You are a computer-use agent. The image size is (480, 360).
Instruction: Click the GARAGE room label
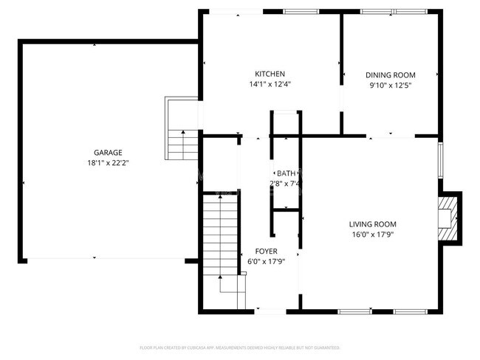pyautogui.click(x=108, y=153)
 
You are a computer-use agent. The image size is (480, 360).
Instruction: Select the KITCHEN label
pyautogui.click(x=270, y=74)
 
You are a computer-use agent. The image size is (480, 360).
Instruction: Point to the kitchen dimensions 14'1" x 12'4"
pyautogui.click(x=270, y=84)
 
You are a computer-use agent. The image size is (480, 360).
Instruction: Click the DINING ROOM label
pyautogui.click(x=391, y=75)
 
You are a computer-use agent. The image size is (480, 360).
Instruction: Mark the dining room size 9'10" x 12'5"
pyautogui.click(x=391, y=85)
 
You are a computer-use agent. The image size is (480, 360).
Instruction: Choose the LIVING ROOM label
pyautogui.click(x=373, y=224)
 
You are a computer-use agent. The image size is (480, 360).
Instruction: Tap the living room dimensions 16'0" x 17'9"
pyautogui.click(x=373, y=235)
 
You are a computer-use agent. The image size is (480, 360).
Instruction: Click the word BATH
pyautogui.click(x=286, y=173)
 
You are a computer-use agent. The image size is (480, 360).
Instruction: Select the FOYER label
pyautogui.click(x=266, y=251)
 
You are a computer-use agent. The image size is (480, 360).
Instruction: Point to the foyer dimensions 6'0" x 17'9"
pyautogui.click(x=266, y=261)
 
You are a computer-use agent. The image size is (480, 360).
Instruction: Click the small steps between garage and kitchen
pyautogui.click(x=178, y=137)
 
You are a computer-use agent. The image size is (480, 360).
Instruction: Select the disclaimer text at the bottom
pyautogui.click(x=240, y=347)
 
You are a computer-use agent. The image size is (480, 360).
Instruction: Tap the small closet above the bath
pyautogui.click(x=285, y=123)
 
